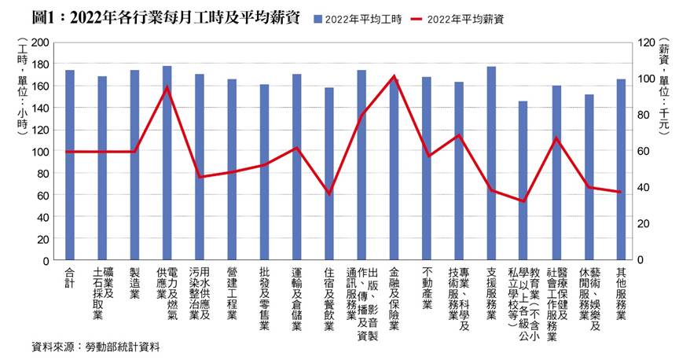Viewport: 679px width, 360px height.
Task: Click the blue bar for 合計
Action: [x=70, y=165]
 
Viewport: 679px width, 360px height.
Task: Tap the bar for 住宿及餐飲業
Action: [x=329, y=174]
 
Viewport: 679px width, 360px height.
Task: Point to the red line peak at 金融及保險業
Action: [x=394, y=77]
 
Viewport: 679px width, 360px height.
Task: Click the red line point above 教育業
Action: [x=523, y=201]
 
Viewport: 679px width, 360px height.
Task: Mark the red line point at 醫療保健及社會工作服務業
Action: [x=556, y=138]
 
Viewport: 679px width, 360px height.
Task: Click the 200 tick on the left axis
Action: [x=40, y=42]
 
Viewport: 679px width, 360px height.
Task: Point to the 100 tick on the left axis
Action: [x=40, y=151]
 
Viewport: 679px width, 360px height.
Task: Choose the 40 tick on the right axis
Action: [x=644, y=187]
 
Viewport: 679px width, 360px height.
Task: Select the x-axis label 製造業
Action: [x=134, y=283]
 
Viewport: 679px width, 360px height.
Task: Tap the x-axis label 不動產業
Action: [x=427, y=287]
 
